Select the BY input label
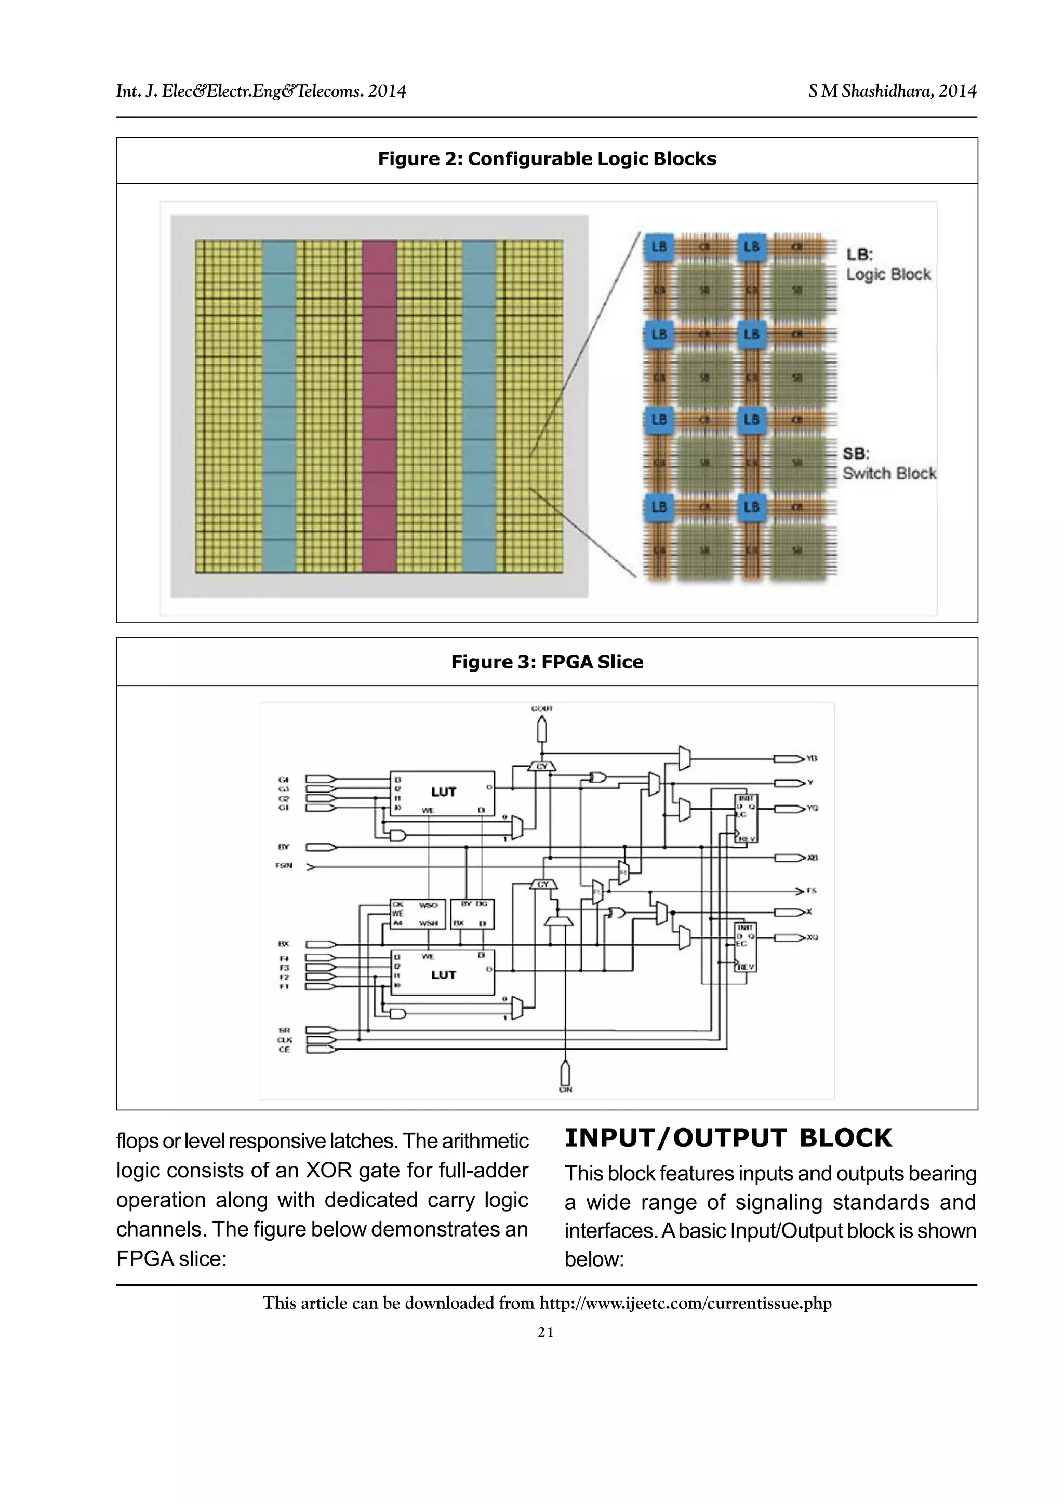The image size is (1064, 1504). click(x=284, y=847)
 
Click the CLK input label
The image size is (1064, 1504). click(x=284, y=1040)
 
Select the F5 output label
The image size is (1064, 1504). click(x=811, y=891)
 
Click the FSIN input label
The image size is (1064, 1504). click(x=284, y=866)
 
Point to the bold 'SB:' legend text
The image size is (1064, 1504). click(x=856, y=453)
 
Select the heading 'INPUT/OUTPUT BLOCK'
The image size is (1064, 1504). click(x=728, y=1138)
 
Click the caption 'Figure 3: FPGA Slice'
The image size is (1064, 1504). click(x=547, y=662)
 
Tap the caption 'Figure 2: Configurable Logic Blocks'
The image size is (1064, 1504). click(x=547, y=159)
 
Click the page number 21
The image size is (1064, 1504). click(x=546, y=1333)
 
